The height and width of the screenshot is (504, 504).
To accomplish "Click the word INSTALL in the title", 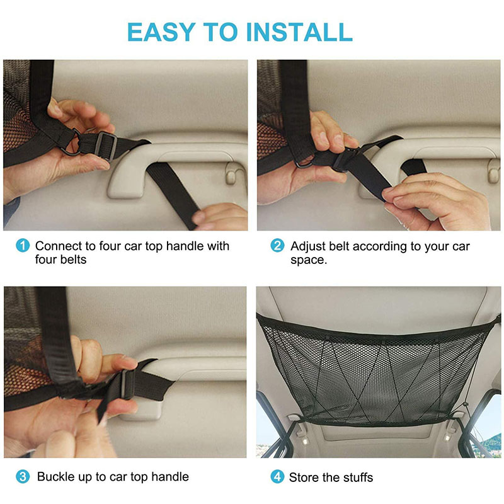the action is (x=299, y=32).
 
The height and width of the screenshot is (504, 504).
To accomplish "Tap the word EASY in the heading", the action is (x=161, y=32).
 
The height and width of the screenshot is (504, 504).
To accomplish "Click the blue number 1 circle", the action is (x=23, y=246).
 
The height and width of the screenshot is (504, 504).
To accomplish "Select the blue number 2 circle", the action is (x=277, y=246).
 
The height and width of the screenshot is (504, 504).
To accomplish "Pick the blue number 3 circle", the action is (x=23, y=477).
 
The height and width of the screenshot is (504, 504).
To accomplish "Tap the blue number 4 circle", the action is (x=277, y=477).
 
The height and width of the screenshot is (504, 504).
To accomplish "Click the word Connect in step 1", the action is (x=58, y=246).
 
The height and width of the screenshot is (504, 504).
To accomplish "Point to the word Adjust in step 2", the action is (x=308, y=247).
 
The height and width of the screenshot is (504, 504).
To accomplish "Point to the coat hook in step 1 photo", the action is (x=231, y=174).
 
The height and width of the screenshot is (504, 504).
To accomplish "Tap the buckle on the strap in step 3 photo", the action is (x=127, y=385).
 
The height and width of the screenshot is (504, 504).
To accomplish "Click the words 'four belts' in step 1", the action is (x=60, y=260).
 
